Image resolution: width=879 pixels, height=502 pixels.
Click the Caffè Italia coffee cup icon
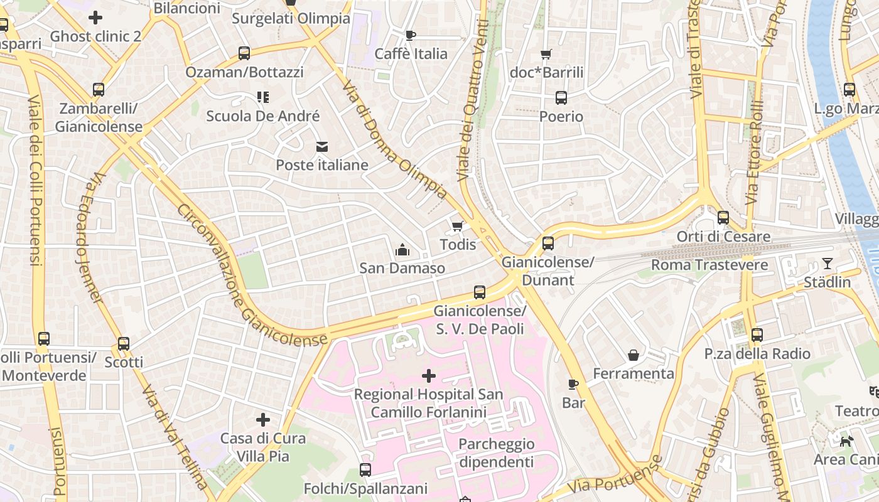pyautogui.click(x=411, y=35)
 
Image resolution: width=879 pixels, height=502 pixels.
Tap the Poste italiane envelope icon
pyautogui.click(x=322, y=147)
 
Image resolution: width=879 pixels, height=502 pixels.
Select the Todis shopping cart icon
pyautogui.click(x=458, y=226)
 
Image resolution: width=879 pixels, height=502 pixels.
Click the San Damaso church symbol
pyautogui.click(x=402, y=250)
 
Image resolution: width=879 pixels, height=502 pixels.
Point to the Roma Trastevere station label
pyautogui.click(x=709, y=265)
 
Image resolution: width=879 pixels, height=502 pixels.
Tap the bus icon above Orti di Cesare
pyautogui.click(x=723, y=218)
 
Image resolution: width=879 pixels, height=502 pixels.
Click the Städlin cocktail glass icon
pyautogui.click(x=828, y=264)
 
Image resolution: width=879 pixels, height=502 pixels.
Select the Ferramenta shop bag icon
pyautogui.click(x=634, y=355)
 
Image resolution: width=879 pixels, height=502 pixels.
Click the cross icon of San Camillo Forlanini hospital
pyautogui.click(x=429, y=376)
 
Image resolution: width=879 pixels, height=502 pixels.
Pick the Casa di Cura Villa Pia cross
pyautogui.click(x=263, y=419)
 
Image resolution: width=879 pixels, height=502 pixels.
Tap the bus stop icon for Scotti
pyautogui.click(x=124, y=344)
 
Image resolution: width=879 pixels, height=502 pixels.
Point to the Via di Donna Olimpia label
pyautogui.click(x=396, y=141)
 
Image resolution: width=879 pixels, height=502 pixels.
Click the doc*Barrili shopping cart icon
pyautogui.click(x=546, y=54)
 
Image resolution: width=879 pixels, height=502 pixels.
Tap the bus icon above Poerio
pyautogui.click(x=561, y=98)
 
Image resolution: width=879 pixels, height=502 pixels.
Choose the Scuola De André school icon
pyautogui.click(x=262, y=97)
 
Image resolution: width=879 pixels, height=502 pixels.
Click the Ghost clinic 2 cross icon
pyautogui.click(x=95, y=18)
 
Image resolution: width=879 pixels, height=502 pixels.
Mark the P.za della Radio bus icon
pyautogui.click(x=757, y=335)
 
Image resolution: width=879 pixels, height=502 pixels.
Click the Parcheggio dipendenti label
pyautogui.click(x=496, y=453)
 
